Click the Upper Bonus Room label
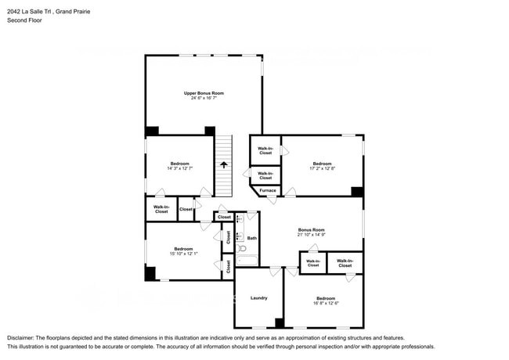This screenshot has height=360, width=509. pyautogui.click(x=204, y=93)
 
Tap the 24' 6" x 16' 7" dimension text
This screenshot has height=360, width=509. pyautogui.click(x=204, y=99)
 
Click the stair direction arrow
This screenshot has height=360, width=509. pyautogui.click(x=224, y=164)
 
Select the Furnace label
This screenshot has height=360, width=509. pyautogui.click(x=268, y=190)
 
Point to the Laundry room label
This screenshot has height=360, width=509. pyautogui.click(x=259, y=298)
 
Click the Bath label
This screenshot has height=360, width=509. pyautogui.click(x=252, y=238)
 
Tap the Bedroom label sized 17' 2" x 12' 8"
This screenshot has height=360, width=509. pyautogui.click(x=322, y=164)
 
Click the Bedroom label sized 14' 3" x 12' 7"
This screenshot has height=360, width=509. pyautogui.click(x=179, y=164)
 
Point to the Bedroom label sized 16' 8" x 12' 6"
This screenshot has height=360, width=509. pyautogui.click(x=325, y=298)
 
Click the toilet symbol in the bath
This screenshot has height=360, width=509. pyautogui.click(x=242, y=249)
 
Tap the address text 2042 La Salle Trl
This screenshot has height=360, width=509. pyautogui.click(x=31, y=12)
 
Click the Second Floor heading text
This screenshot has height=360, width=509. pyautogui.click(x=24, y=20)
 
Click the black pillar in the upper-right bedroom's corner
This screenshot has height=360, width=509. pyautogui.click(x=357, y=191)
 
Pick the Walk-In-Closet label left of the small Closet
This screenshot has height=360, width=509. pyautogui.click(x=161, y=209)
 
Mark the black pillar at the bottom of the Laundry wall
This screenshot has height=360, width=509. pyautogui.click(x=279, y=322)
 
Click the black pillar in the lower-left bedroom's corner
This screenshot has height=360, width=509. pyautogui.click(x=150, y=273)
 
